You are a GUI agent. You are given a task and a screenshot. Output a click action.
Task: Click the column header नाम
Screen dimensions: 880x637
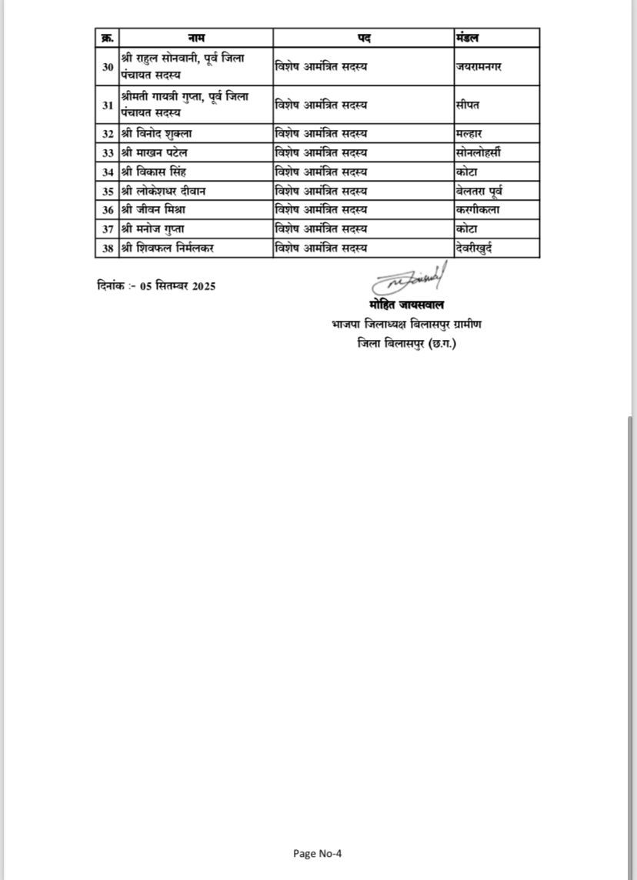point(196,37)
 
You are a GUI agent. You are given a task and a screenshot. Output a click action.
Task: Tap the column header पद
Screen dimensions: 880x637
point(363,37)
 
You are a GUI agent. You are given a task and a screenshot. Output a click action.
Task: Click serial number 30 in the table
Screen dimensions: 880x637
point(108,66)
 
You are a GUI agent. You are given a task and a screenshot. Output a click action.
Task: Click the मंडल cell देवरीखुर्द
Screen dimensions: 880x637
point(479,248)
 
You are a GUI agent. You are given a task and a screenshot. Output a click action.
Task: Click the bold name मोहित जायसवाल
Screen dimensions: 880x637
point(407,305)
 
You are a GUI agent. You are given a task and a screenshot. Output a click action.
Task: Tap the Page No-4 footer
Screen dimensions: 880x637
point(318,853)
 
